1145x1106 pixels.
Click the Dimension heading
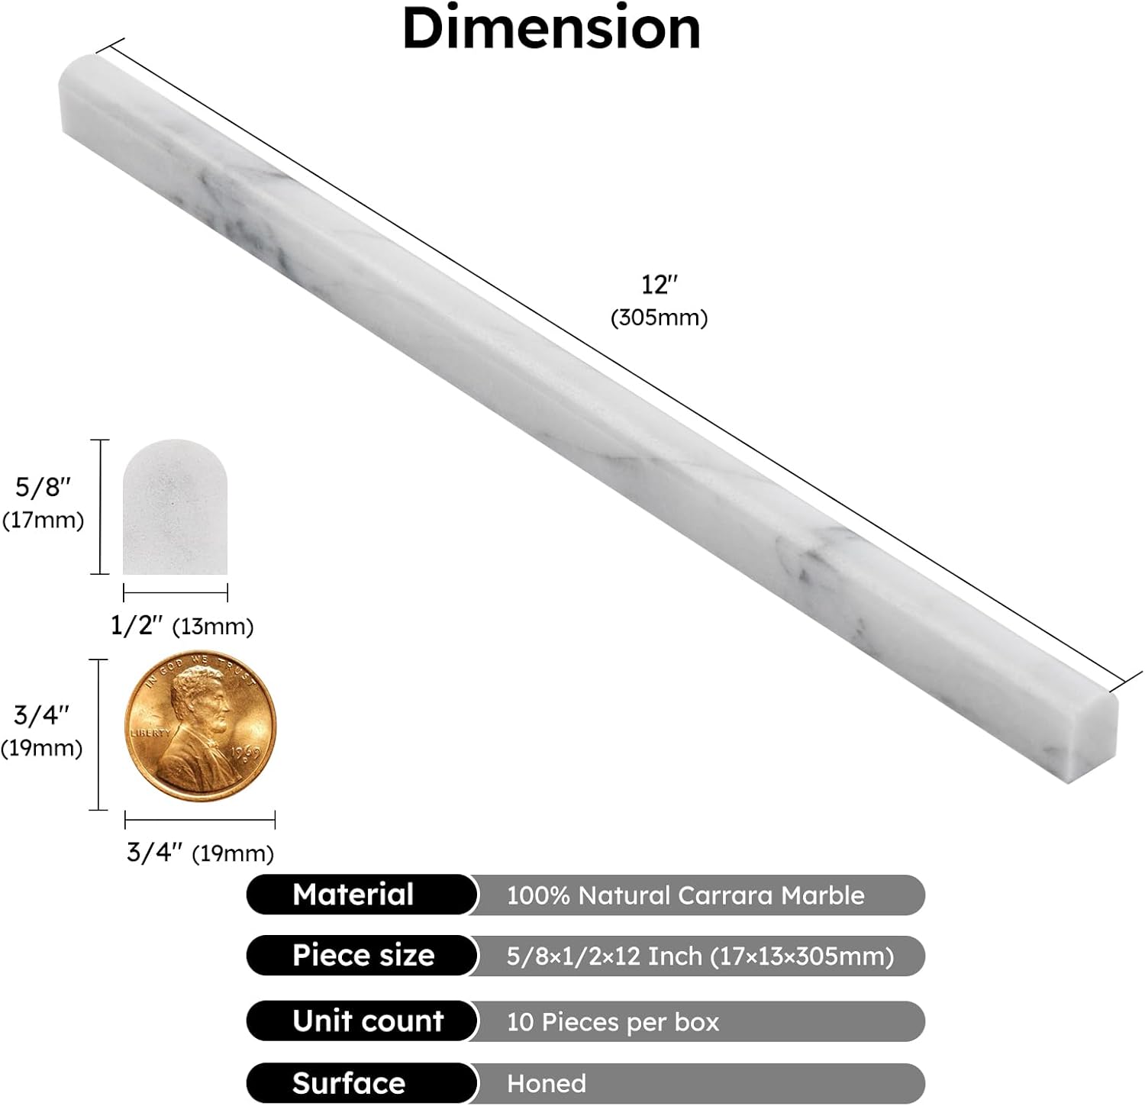coord(551,28)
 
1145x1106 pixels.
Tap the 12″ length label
coord(659,285)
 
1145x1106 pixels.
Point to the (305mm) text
coord(659,318)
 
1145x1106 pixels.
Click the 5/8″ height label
coord(43,487)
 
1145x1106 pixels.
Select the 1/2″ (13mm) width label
coord(182,626)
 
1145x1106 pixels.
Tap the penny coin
coord(200,726)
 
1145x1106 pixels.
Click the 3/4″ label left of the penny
coord(41,715)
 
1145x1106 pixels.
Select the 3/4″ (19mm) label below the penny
coord(200,853)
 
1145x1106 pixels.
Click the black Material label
coord(353,895)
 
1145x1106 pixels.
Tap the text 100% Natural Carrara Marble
coord(685,895)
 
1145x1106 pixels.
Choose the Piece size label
coord(363,956)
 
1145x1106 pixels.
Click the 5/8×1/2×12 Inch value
coord(699,956)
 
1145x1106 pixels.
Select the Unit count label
coord(368,1021)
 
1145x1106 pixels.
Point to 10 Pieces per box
coord(612,1022)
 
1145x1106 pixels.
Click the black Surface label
coord(349,1083)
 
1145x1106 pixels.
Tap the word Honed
coord(547,1083)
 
